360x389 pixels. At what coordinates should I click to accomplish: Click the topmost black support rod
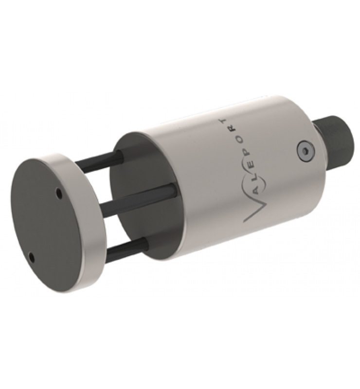(x=97, y=163)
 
